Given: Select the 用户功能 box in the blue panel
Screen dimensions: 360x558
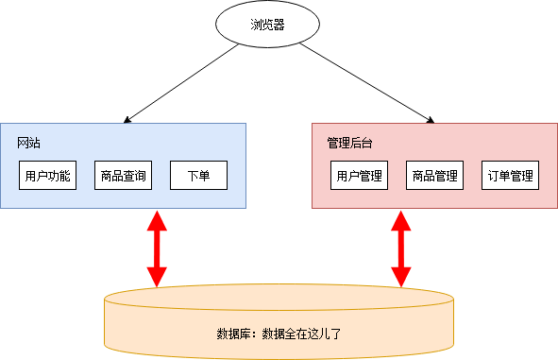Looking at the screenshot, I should pyautogui.click(x=47, y=175).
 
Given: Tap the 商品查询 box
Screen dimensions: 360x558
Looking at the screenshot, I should pyautogui.click(x=123, y=175).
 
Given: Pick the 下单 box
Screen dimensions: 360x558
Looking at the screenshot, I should pyautogui.click(x=198, y=175).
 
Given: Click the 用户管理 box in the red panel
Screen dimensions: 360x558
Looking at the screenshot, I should pyautogui.click(x=359, y=175).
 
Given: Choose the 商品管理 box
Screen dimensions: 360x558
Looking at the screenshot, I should pyautogui.click(x=434, y=175).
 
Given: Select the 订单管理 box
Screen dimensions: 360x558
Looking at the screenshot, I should pyautogui.click(x=510, y=175).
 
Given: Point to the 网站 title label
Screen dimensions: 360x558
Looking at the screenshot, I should pyautogui.click(x=29, y=144).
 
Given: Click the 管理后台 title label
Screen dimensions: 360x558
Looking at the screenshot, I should pyautogui.click(x=349, y=144).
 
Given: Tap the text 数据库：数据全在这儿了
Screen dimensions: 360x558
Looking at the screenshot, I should pyautogui.click(x=279, y=334).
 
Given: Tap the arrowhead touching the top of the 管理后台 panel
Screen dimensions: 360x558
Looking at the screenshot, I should pyautogui.click(x=429, y=120).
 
